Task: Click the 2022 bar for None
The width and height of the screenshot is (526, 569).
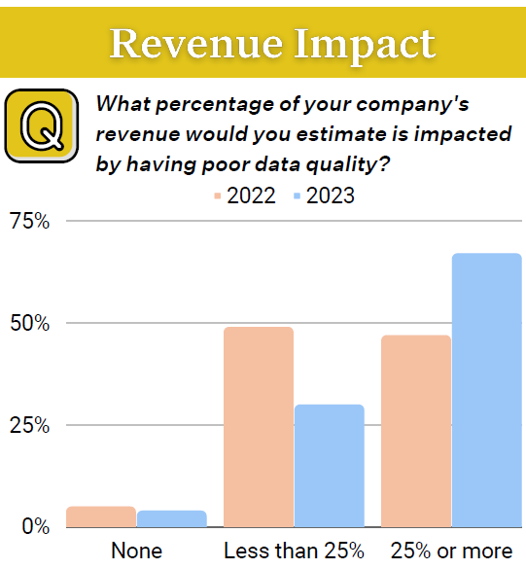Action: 101,516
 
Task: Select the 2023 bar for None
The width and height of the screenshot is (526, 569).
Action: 171,518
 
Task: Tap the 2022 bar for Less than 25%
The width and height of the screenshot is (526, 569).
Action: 259,427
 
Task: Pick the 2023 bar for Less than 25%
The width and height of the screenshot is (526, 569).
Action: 329,466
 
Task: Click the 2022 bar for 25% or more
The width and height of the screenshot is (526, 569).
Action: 416,431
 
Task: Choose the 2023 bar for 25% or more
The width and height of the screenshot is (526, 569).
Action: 487,390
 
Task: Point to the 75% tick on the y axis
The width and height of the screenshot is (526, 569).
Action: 30,221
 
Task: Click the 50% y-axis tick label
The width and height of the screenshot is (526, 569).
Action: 30,323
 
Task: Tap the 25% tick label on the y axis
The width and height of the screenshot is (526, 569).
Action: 30,425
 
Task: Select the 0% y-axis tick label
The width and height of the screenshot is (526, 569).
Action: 36,526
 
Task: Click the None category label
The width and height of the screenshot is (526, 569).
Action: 137,551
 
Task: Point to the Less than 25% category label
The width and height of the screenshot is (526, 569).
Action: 294,551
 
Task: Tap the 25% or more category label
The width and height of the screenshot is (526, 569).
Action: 452,551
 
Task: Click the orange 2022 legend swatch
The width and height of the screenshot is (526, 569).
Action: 217,196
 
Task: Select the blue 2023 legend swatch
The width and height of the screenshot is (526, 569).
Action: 298,196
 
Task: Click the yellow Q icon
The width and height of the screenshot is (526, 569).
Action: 42,125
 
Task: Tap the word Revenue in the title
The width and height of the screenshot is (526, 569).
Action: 195,44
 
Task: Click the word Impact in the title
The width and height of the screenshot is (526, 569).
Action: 365,46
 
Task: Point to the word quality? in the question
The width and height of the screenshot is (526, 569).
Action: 348,164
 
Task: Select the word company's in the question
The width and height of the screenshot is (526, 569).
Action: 412,104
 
